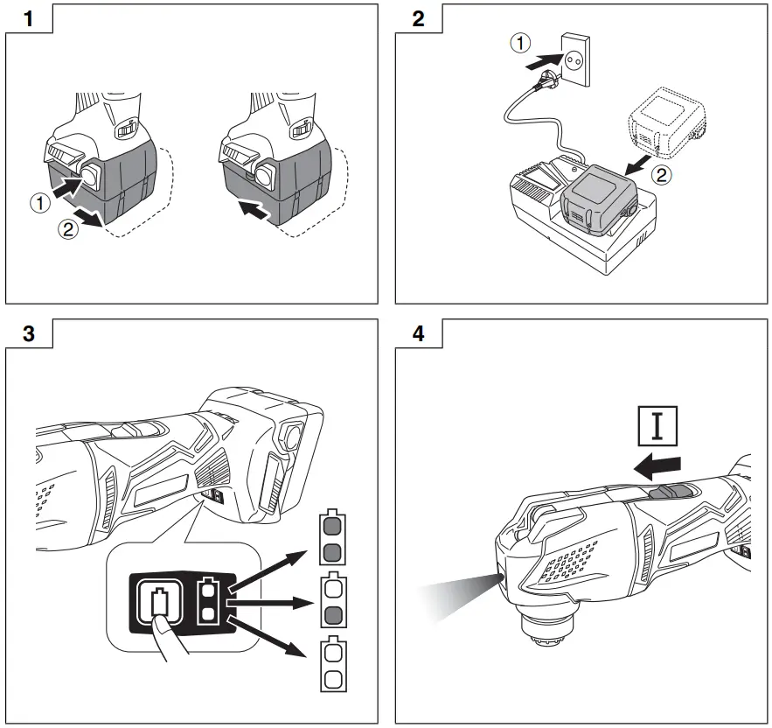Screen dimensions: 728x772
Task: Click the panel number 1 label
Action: click(x=30, y=18)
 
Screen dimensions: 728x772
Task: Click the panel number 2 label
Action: click(x=418, y=18)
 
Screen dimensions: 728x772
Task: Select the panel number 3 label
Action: click(x=30, y=335)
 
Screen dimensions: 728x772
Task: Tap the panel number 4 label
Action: click(x=418, y=335)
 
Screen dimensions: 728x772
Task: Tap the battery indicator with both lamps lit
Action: click(x=331, y=537)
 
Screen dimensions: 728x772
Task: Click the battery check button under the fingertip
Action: click(x=159, y=603)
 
